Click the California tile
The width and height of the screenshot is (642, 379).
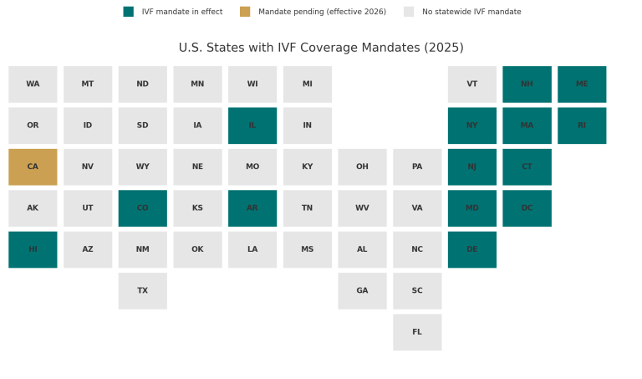[33, 166]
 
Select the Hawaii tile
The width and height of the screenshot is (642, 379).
[33, 249]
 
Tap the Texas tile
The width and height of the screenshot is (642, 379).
[142, 290]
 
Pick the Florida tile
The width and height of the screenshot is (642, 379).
[417, 332]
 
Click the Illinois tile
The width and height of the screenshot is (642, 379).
[252, 125]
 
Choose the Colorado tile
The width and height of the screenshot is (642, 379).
[142, 208]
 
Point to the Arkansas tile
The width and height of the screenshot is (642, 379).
[252, 208]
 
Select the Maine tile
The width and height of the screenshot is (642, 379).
[582, 85]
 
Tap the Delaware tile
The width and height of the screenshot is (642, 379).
[472, 249]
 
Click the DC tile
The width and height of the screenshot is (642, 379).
[527, 208]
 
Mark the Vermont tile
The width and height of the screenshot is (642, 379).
[472, 85]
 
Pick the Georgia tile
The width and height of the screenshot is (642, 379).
[362, 290]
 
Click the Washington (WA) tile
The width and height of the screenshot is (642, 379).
[33, 85]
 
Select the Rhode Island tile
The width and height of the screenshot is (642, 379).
[582, 125]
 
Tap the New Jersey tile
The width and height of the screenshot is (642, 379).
[472, 166]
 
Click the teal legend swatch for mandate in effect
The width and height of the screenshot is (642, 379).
[129, 12]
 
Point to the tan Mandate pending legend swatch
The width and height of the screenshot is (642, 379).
[245, 12]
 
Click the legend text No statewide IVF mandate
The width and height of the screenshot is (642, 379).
[471, 12]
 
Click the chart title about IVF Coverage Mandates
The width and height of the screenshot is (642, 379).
[321, 48]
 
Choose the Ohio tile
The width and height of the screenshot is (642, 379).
[362, 166]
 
